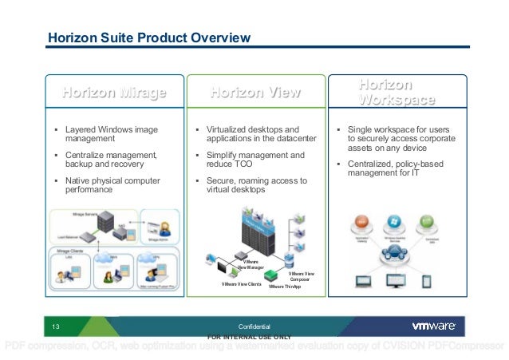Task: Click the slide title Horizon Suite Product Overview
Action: click(149, 38)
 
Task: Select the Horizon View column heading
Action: click(255, 93)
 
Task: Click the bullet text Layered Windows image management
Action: click(112, 133)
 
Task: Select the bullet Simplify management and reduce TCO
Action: click(255, 160)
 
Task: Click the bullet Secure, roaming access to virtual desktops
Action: click(256, 185)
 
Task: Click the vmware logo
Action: click(433, 326)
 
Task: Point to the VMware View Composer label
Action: click(301, 277)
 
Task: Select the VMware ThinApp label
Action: click(285, 287)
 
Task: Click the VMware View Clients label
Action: click(241, 284)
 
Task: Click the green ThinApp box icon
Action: click(271, 275)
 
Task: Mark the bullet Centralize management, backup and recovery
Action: click(111, 160)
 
